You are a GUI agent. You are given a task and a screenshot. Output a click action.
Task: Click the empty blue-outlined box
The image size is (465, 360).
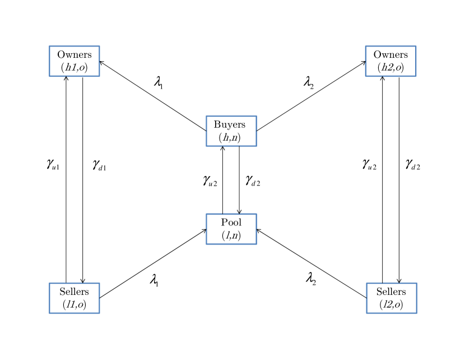coord(75,61)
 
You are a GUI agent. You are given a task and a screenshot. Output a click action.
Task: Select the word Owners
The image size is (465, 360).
coord(390,55)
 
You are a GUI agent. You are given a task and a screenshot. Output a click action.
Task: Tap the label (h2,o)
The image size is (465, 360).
coord(390,68)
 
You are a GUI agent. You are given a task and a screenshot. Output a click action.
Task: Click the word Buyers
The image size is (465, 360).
coord(231,124)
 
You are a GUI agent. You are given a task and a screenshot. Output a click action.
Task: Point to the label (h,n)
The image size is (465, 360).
coord(231,137)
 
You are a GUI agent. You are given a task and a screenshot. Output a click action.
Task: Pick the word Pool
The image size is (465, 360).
coord(231,223)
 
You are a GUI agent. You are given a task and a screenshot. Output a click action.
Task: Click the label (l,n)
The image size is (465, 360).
coord(231,236)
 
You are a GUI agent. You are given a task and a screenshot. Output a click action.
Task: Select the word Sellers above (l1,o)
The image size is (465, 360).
coord(74,292)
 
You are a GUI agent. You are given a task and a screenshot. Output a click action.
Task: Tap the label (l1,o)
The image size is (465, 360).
coord(74,304)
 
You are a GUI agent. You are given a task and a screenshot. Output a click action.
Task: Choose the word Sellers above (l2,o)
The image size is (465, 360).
coord(391,292)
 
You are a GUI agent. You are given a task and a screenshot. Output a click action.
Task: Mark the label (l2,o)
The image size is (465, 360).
coord(391,304)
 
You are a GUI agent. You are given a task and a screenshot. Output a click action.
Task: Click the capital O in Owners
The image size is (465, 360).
coord(377,55)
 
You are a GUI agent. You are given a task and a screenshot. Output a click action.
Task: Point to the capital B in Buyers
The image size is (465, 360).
coord(217,124)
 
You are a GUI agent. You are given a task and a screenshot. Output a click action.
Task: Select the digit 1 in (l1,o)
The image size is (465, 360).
coord(73,304)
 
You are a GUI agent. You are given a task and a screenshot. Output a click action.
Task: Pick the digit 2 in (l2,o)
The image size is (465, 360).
coord(390,304)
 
